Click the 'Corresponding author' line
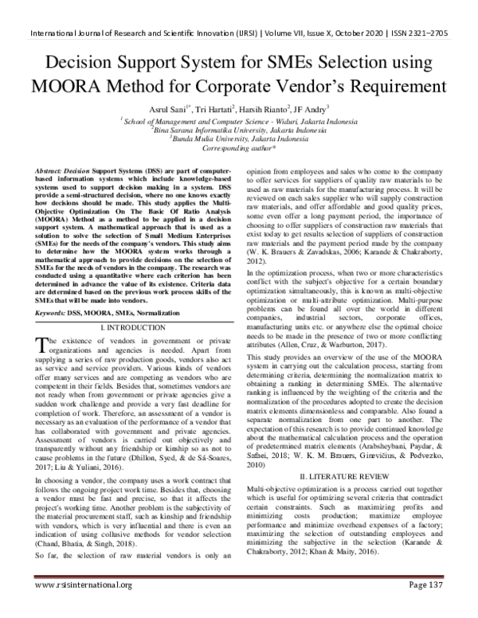tap(239, 148)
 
